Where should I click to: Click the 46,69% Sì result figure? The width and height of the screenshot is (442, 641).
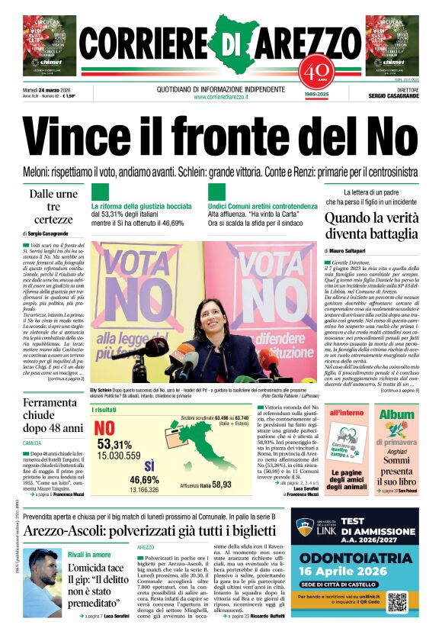point(144,479)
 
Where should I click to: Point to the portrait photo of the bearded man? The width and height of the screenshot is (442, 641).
point(43,582)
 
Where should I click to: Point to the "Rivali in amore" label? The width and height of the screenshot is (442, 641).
point(89,554)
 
